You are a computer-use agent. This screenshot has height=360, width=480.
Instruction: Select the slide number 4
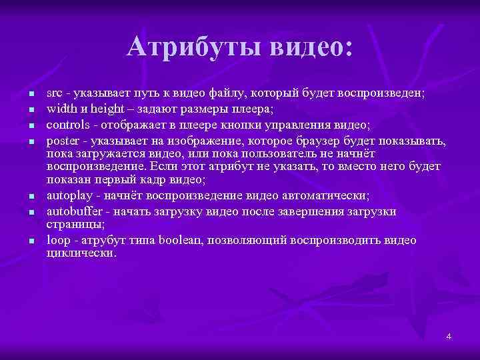449,336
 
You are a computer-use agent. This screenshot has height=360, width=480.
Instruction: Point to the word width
61,108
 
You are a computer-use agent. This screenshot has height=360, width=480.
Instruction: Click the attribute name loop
57,240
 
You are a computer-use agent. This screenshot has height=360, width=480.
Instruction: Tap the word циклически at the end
81,254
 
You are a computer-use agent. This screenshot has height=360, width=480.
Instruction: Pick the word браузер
315,141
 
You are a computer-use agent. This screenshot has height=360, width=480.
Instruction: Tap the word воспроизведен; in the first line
378,93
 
